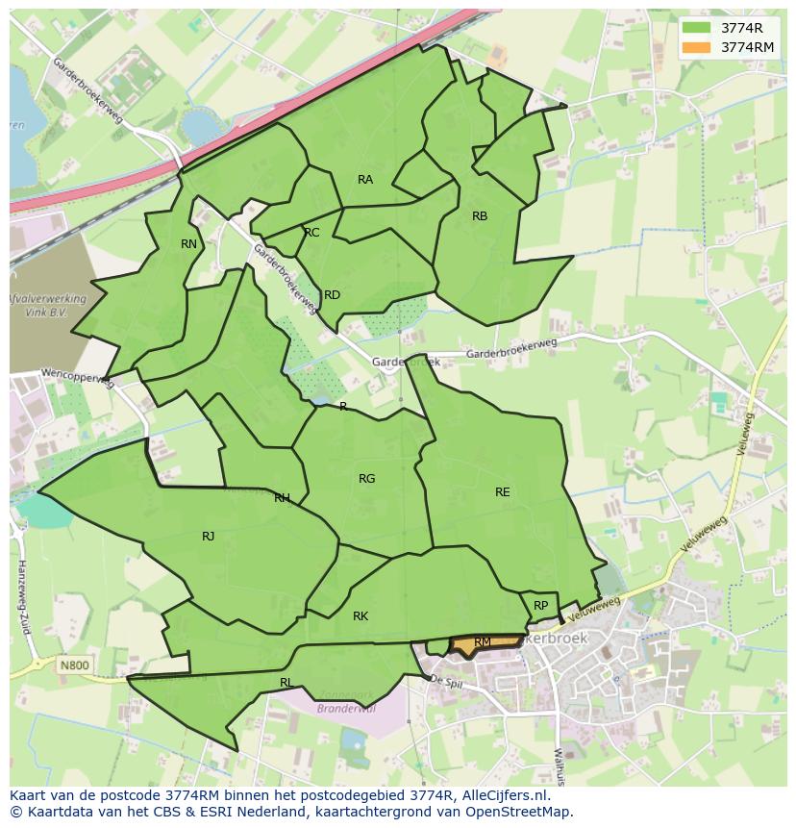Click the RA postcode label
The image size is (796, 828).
(x=365, y=180)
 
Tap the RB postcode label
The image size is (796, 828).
(x=480, y=216)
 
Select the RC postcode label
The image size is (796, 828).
(x=311, y=233)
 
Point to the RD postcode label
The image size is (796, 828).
(x=332, y=295)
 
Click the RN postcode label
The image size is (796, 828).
(x=188, y=244)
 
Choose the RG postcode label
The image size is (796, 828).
(x=366, y=479)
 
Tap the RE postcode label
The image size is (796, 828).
(x=502, y=492)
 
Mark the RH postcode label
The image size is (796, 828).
(x=282, y=498)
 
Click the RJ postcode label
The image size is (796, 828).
(x=208, y=537)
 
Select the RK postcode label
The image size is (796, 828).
(x=361, y=616)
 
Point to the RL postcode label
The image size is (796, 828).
(x=286, y=683)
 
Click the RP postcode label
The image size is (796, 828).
(x=540, y=606)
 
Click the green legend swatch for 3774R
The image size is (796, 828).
(x=696, y=28)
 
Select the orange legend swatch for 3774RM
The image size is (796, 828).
(x=696, y=47)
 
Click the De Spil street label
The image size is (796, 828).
(x=447, y=680)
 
